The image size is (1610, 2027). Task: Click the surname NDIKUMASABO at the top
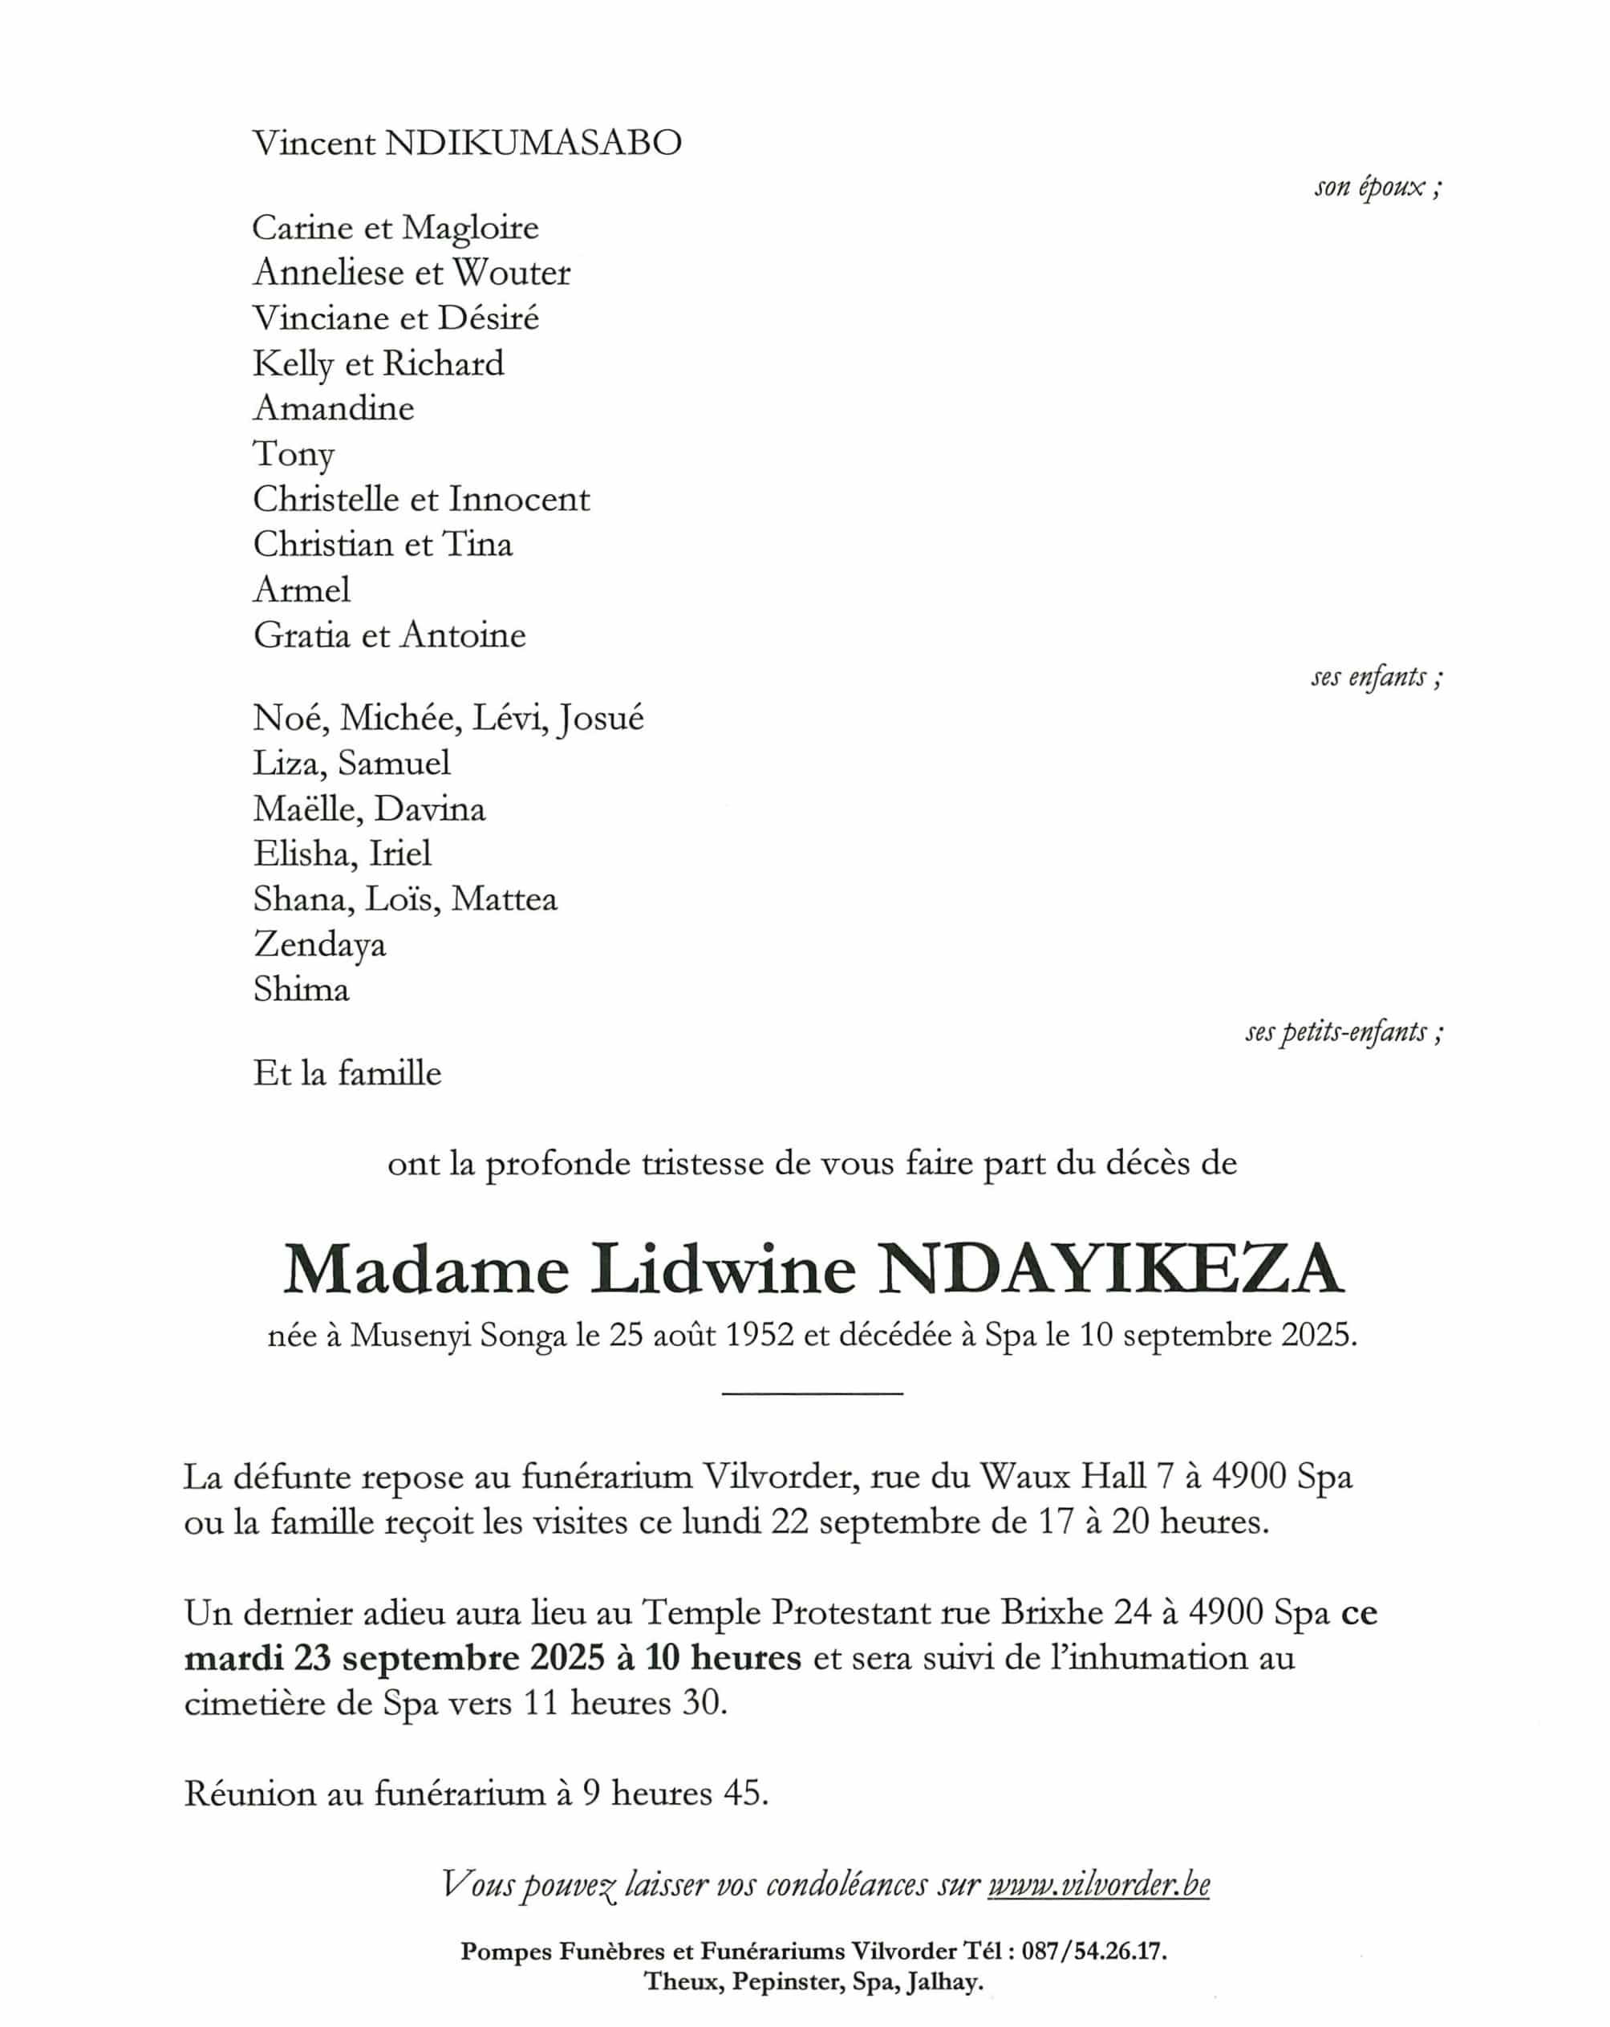tap(533, 143)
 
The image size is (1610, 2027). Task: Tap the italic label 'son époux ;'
tap(1377, 187)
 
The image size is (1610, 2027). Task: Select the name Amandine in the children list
tap(333, 408)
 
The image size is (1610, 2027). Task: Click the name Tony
tap(294, 454)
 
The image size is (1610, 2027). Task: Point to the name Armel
tap(301, 590)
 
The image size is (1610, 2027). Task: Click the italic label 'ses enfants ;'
tap(1376, 677)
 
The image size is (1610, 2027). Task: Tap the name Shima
tap(301, 989)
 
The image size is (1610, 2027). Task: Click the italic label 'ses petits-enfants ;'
tap(1344, 1032)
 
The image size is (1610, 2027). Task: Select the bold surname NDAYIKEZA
tap(1112, 1269)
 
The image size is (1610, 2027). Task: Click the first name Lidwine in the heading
tap(722, 1269)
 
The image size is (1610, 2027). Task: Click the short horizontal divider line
tap(812, 1393)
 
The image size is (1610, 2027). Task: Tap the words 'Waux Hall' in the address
tap(1063, 1476)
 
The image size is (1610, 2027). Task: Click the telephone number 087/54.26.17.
tap(1093, 1951)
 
